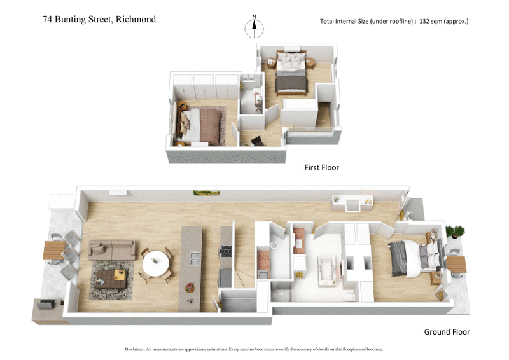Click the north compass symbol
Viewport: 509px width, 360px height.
tap(254, 25)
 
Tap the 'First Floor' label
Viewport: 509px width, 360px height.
tap(322, 168)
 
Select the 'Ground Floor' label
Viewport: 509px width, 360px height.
tap(447, 332)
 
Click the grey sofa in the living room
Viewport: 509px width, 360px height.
tap(112, 249)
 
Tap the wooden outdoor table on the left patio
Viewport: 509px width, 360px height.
tap(53, 251)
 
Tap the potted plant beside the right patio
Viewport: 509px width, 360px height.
tap(455, 232)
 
